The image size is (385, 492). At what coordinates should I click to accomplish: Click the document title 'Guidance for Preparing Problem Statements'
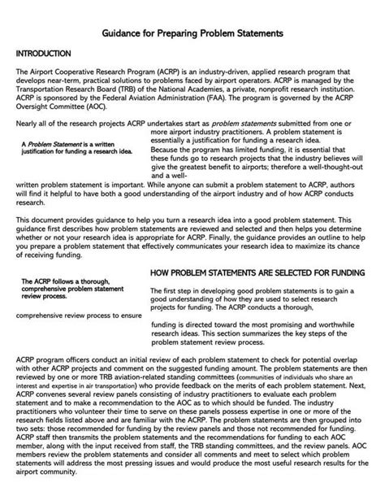coord(192,35)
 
